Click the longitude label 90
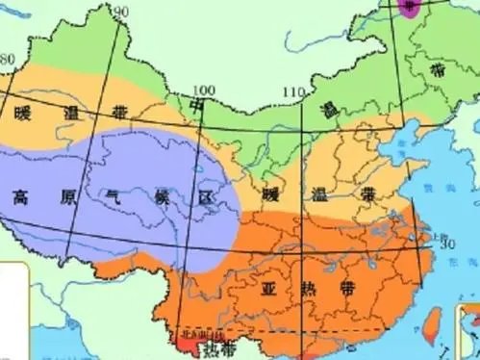(121, 11)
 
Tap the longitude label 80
(8, 60)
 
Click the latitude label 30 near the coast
(446, 244)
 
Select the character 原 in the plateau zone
(66, 197)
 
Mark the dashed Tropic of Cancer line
(317, 331)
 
